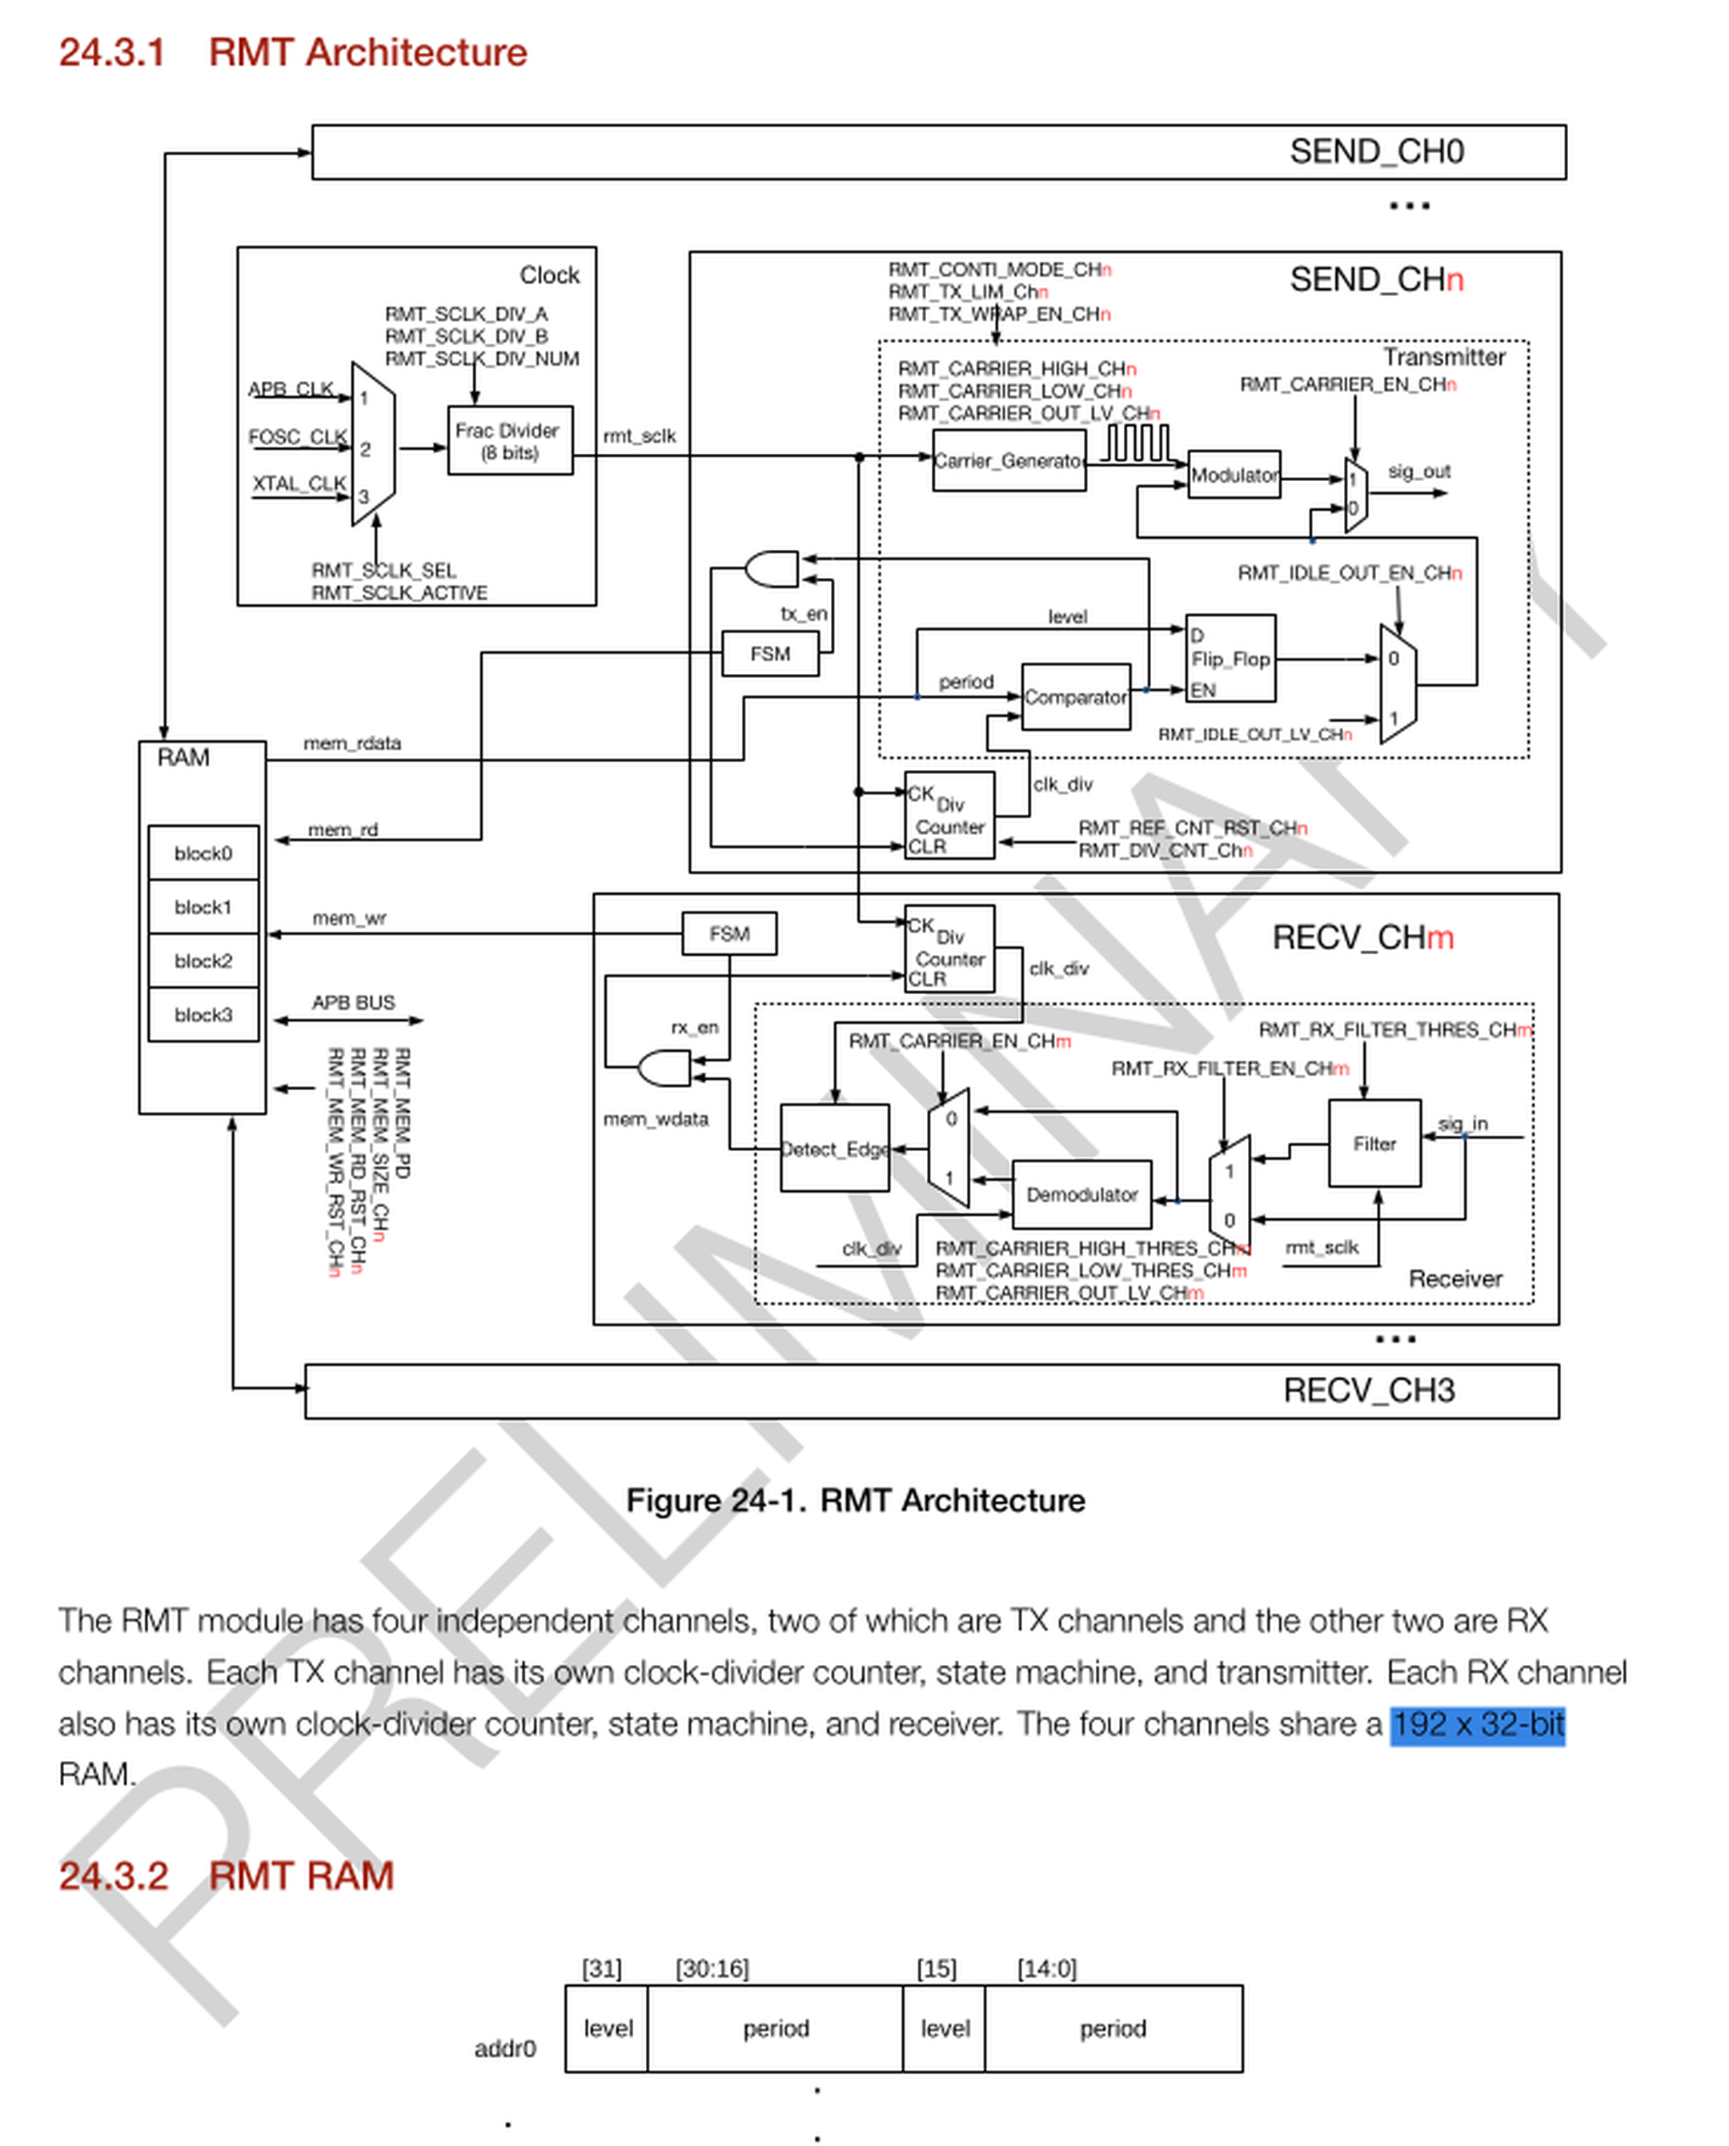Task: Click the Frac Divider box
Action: click(509, 439)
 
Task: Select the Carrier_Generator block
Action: click(1008, 460)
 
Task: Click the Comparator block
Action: click(1075, 697)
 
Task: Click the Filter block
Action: click(1374, 1143)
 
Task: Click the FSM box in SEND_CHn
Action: click(769, 654)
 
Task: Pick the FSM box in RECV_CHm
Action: click(728, 934)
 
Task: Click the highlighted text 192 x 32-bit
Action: click(1477, 1724)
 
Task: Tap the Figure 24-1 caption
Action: click(855, 1501)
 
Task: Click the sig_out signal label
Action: click(1418, 471)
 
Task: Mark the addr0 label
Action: click(504, 2048)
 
